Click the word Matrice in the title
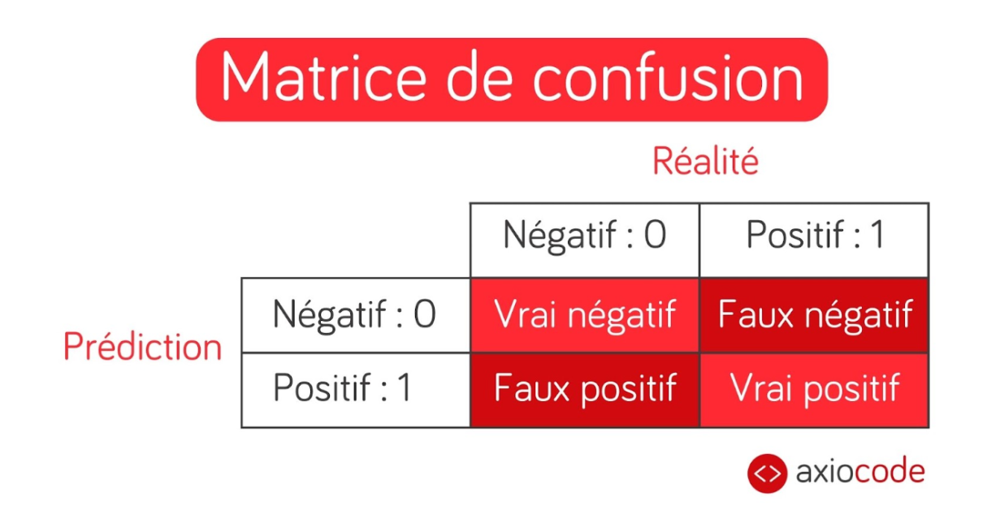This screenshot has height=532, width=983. [x=323, y=76]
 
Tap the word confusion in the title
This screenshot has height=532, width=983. [x=669, y=76]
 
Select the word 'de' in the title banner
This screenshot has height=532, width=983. [x=479, y=76]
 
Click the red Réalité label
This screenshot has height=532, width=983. [x=706, y=161]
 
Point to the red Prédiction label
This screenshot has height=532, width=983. [x=143, y=347]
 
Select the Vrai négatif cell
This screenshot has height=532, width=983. [x=585, y=315]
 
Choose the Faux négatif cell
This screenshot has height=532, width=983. [x=815, y=315]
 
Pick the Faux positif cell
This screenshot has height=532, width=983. [x=585, y=390]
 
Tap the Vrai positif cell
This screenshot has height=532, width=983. [x=815, y=390]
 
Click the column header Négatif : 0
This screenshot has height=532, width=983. [x=585, y=236]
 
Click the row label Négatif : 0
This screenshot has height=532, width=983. [x=354, y=315]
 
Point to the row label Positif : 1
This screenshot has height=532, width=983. [x=342, y=388]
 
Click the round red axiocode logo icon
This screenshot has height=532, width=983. [x=767, y=474]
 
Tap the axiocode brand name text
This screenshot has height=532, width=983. [x=860, y=471]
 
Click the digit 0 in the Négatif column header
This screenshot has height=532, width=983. [x=655, y=235]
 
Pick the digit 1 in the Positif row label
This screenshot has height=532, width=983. [x=405, y=387]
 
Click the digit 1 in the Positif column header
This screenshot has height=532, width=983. [x=877, y=235]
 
